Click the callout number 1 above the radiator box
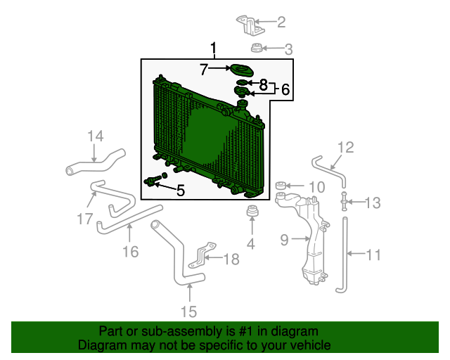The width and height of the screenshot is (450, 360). pos(213,48)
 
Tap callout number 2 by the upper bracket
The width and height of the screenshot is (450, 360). pos(281,22)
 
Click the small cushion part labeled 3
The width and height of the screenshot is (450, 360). pos(256,48)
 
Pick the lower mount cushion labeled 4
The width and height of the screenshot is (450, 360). pos(252,211)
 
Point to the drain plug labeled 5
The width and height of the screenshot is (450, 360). pos(152,181)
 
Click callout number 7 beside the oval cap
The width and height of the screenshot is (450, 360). pos(204,69)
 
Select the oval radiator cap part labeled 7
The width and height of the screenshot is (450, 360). pos(242,70)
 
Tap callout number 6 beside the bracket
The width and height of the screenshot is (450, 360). pos(285,89)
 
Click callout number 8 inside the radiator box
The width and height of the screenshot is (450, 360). pos(263,84)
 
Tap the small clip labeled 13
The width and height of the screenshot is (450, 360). pos(344,202)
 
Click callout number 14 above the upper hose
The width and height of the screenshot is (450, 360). pos(96,136)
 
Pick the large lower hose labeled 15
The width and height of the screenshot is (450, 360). pos(178,258)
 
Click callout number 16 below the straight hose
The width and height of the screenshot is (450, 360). pos(131,252)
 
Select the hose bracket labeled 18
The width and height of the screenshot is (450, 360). pos(202,255)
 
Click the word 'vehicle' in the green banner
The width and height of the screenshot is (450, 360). pos(307,345)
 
